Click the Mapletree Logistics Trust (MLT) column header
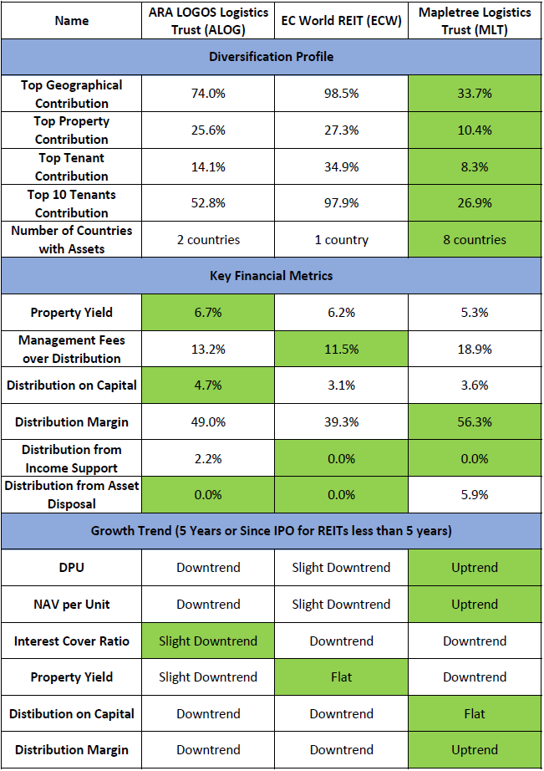pyautogui.click(x=475, y=20)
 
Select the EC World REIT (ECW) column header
pyautogui.click(x=341, y=20)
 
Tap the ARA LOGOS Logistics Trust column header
pyautogui.click(x=208, y=20)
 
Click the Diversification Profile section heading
pyautogui.click(x=271, y=57)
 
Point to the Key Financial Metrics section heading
pyautogui.click(x=271, y=276)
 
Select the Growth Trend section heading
pyautogui.click(x=271, y=531)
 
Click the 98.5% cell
pyautogui.click(x=341, y=94)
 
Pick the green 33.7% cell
pyautogui.click(x=475, y=94)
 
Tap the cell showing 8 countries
pyautogui.click(x=475, y=239)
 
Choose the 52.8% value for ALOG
pyautogui.click(x=208, y=203)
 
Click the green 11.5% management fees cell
pyautogui.click(x=341, y=349)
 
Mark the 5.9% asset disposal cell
pyautogui.click(x=475, y=495)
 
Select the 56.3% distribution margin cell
pyautogui.click(x=475, y=422)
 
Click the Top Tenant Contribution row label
pyautogui.click(x=71, y=166)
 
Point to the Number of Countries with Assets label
pyautogui.click(x=71, y=239)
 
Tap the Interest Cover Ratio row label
pyautogui.click(x=71, y=641)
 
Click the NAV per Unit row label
pyautogui.click(x=71, y=605)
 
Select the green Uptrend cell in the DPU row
pyautogui.click(x=475, y=568)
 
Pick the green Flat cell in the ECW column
pyautogui.click(x=341, y=677)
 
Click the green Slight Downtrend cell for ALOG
pyautogui.click(x=208, y=641)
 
